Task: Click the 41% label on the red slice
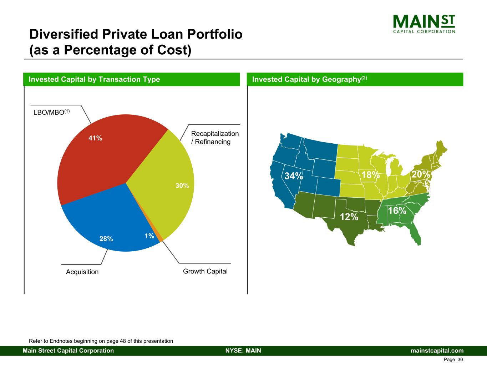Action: coord(95,138)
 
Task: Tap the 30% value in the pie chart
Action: coord(182,186)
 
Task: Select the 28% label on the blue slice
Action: coord(106,239)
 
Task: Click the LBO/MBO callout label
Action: coord(51,112)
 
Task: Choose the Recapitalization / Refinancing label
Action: coord(215,138)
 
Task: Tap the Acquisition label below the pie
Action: coord(82,272)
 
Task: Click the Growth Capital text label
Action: coord(205,271)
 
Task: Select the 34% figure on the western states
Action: coord(294,176)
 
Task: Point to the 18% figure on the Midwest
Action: coord(371,175)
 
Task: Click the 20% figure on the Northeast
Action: coord(421,174)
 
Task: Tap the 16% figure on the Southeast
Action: coord(397,211)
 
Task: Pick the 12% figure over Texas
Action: coord(349,217)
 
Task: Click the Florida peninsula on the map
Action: coord(415,233)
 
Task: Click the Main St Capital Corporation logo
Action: coord(424,24)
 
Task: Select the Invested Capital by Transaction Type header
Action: coord(94,79)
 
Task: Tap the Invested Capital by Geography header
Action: coord(310,79)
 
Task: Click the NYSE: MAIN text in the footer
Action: coord(243,351)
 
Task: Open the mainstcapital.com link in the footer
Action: coord(437,351)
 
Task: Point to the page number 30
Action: coord(460,360)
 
